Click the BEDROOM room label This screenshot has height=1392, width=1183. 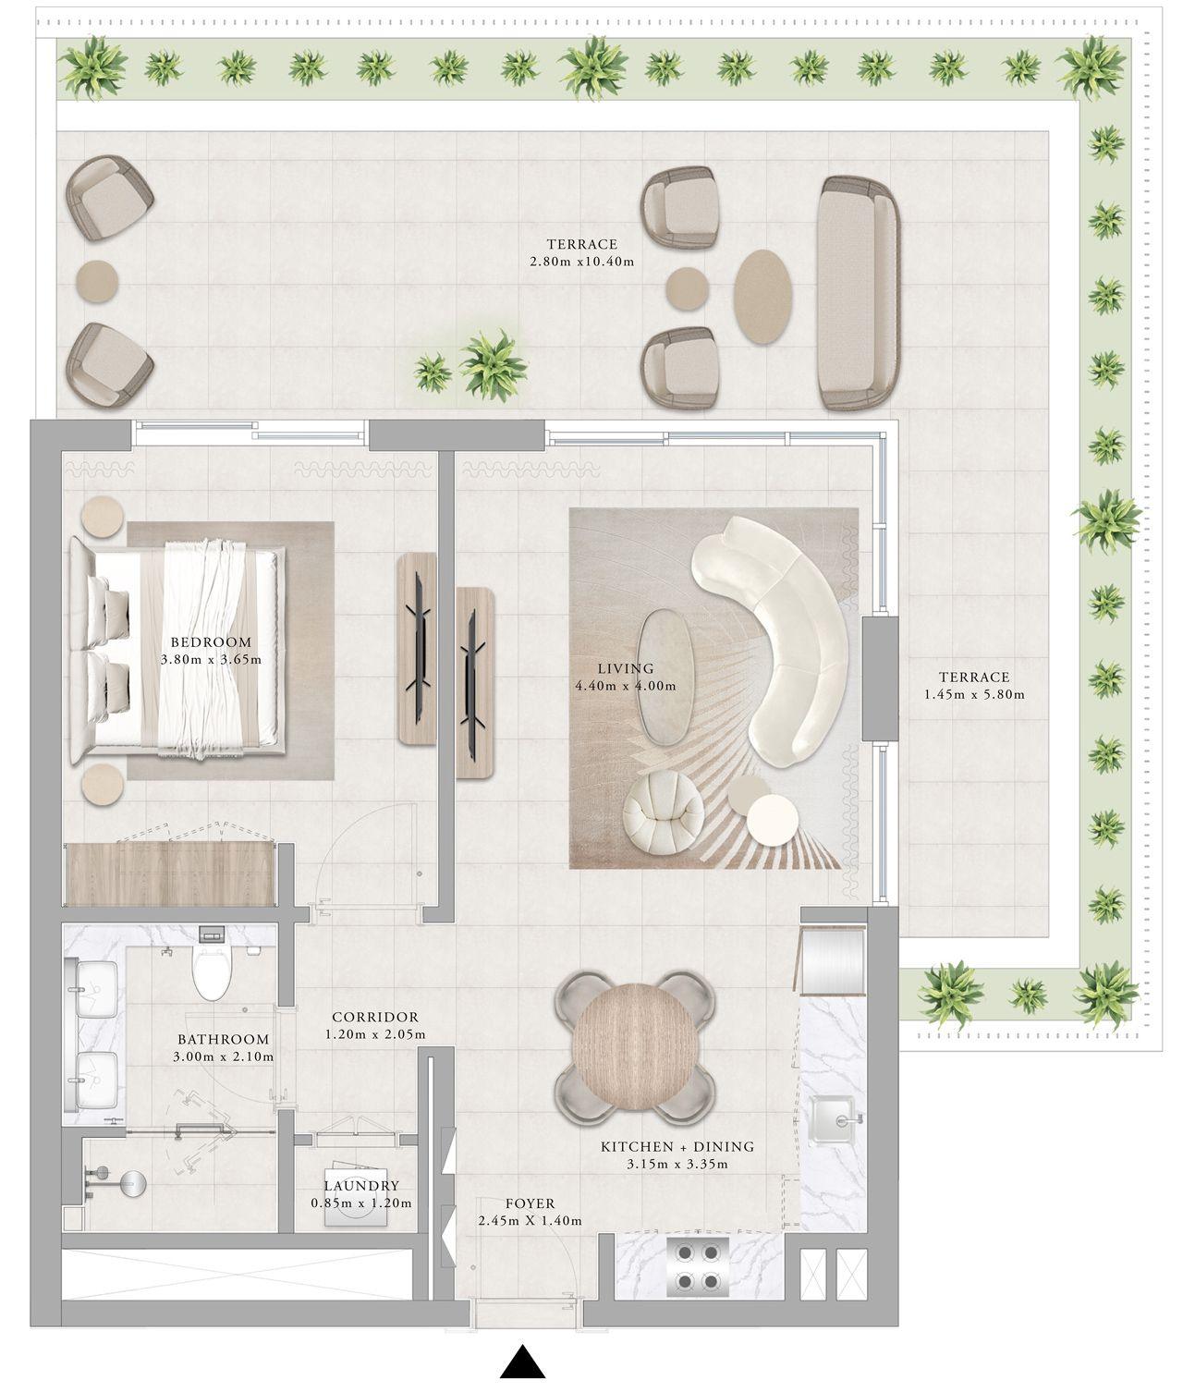click(x=211, y=642)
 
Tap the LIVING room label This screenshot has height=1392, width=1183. click(x=625, y=668)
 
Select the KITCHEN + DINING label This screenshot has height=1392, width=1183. click(x=677, y=1146)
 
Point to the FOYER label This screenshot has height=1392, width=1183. click(x=530, y=1203)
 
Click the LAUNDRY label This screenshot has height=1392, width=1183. click(x=361, y=1186)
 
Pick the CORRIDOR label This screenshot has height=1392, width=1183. click(x=375, y=1017)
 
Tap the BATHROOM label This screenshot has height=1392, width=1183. click(x=223, y=1039)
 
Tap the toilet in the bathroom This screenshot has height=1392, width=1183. click(x=211, y=971)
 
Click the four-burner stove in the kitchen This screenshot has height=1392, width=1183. click(x=698, y=1266)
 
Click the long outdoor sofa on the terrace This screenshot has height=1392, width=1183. click(x=857, y=292)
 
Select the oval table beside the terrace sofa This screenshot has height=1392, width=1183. click(x=762, y=296)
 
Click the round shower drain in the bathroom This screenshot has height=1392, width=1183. click(x=132, y=1182)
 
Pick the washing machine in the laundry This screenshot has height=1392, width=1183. click(x=356, y=1206)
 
